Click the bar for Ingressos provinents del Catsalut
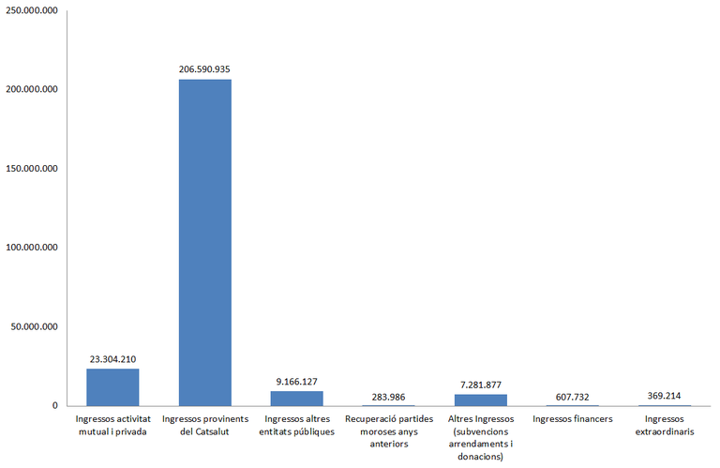(204, 242)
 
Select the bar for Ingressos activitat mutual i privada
(112, 386)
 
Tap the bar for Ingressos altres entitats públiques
(296, 398)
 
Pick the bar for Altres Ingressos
(480, 400)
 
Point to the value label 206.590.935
(204, 69)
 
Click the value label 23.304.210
(112, 358)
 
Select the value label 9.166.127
(296, 381)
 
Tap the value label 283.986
(388, 395)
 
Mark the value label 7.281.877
(480, 384)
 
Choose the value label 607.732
(572, 395)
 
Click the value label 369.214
(664, 395)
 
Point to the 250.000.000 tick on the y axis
(32, 10)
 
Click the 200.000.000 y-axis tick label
(32, 89)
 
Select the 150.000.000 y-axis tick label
(32, 169)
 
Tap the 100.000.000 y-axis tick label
(32, 248)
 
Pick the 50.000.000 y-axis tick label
(35, 326)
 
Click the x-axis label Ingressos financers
(572, 418)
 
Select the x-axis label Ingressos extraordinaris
(664, 424)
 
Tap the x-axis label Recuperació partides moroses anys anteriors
(388, 430)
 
